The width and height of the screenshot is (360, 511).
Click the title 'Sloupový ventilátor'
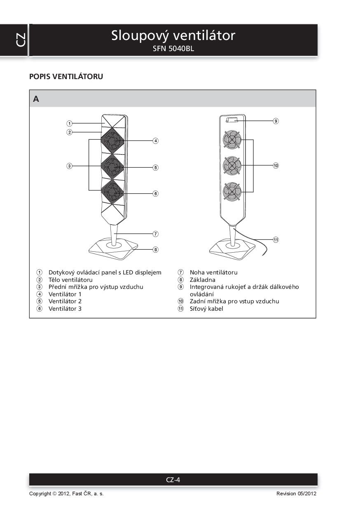coord(173,35)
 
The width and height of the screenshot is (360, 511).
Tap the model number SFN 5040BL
coord(173,49)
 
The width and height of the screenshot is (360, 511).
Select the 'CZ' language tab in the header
coord(21,40)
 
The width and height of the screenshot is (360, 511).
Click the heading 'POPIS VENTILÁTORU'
coord(66,77)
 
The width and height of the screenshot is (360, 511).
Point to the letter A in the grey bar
coord(36,99)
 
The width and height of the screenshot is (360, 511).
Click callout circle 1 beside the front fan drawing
coord(70,123)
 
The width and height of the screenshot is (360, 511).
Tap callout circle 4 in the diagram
coord(156,141)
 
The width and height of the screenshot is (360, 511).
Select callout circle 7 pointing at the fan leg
coord(156,234)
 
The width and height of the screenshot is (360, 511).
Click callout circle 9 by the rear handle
coord(276,121)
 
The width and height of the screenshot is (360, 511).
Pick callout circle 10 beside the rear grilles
coord(276,165)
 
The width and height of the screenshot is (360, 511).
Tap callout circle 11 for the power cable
coord(276,239)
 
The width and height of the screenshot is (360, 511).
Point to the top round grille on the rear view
coord(232,139)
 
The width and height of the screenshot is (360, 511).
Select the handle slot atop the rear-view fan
coord(231,120)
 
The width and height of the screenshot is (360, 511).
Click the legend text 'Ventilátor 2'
coord(65,301)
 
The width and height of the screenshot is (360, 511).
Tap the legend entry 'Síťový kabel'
coord(206,309)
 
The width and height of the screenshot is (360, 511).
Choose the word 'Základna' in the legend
coord(202,280)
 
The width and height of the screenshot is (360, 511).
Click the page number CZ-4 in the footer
coord(173,480)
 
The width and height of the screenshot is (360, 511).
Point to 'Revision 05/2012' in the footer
coord(296,494)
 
